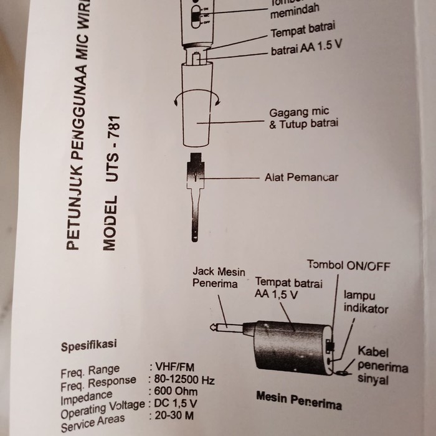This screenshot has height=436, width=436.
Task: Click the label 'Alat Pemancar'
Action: pyautogui.click(x=301, y=178)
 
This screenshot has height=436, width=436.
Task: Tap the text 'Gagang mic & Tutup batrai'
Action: pyautogui.click(x=303, y=118)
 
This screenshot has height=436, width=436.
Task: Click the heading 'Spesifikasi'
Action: pyautogui.click(x=88, y=344)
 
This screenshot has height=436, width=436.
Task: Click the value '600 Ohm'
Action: pyautogui.click(x=176, y=392)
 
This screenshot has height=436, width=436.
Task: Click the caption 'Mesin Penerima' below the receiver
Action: pyautogui.click(x=299, y=400)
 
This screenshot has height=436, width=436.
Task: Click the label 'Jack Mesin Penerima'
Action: pyautogui.click(x=219, y=278)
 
